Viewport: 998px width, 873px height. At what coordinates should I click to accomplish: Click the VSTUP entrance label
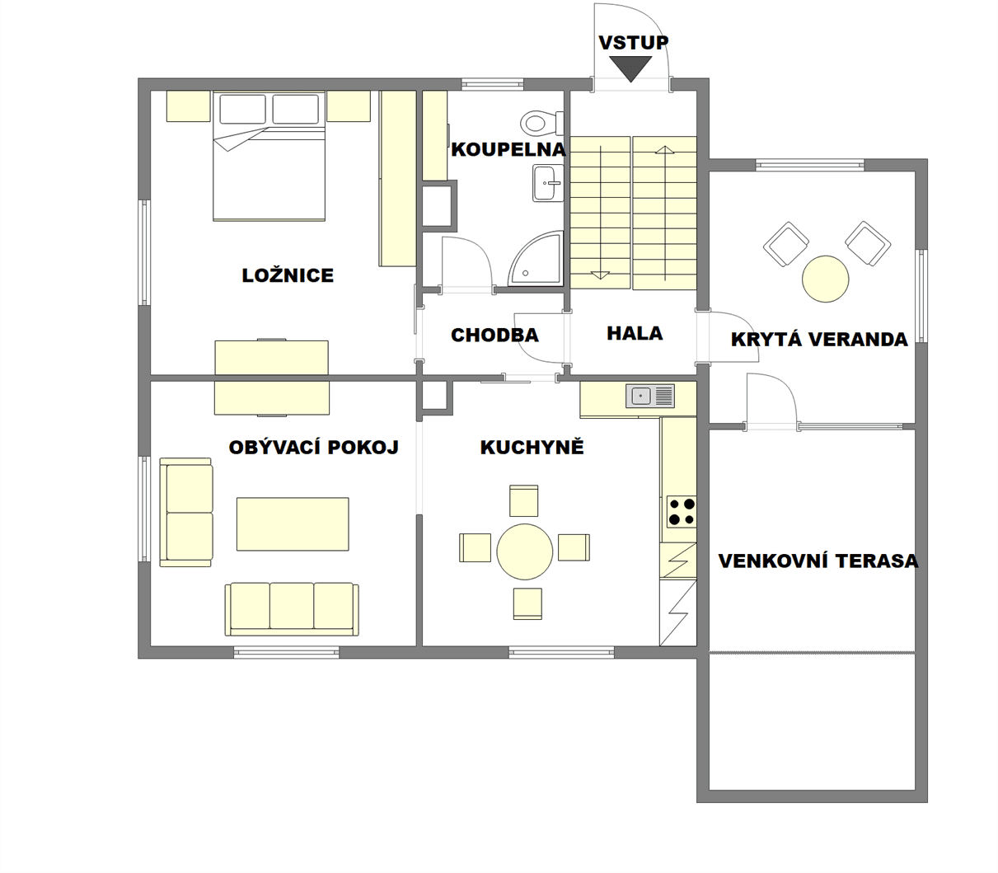click(633, 43)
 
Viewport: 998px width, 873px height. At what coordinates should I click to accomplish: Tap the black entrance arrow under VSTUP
click(631, 68)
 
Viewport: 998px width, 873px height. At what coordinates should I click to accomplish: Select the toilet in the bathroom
click(542, 122)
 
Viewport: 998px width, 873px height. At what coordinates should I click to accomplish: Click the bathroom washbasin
click(548, 183)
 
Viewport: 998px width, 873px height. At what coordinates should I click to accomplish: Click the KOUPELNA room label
click(508, 149)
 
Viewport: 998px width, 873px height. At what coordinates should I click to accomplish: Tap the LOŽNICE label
click(288, 275)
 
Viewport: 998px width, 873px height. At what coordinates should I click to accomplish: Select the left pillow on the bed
click(242, 109)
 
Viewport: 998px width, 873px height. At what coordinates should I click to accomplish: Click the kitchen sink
click(650, 395)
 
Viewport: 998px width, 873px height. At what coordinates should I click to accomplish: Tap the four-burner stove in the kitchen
click(682, 511)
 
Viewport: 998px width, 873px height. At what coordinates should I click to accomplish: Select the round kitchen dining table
click(525, 551)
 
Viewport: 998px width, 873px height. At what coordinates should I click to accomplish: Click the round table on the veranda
click(825, 279)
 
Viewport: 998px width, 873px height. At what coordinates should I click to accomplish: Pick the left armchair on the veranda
click(786, 244)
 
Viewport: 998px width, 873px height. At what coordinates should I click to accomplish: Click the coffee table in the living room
click(293, 524)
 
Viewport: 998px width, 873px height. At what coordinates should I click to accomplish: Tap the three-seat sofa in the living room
click(292, 608)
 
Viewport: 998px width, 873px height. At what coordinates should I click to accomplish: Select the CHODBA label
click(494, 336)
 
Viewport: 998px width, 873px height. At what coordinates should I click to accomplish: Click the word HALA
click(635, 334)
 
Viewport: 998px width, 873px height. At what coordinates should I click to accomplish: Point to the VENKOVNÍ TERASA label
click(818, 561)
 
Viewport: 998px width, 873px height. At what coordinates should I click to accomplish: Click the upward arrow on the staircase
click(664, 214)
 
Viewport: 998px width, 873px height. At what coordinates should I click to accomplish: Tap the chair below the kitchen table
click(527, 603)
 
